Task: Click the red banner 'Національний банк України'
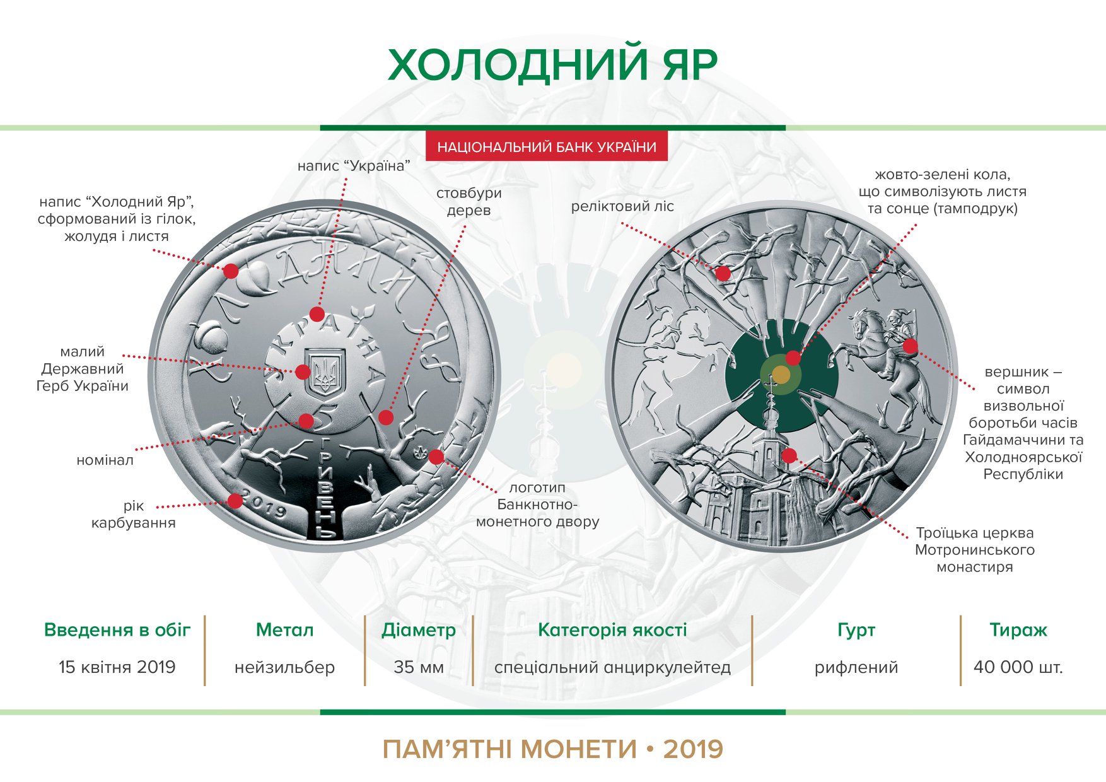[x=547, y=147]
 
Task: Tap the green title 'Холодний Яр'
[x=552, y=64]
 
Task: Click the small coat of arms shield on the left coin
[x=327, y=370]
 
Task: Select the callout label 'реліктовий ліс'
[x=622, y=206]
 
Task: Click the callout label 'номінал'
[x=105, y=460]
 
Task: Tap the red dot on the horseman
[x=910, y=346]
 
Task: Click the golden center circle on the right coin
[x=781, y=375]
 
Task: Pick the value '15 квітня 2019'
[x=117, y=667]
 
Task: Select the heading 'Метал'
[x=284, y=629]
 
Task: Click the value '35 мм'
[x=419, y=667]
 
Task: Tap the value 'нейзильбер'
[x=284, y=667]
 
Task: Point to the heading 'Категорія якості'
[x=612, y=629]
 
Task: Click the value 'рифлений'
[x=856, y=667]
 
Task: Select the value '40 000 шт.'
[x=1018, y=667]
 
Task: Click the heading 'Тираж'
[x=1018, y=629]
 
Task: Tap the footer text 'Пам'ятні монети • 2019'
[x=552, y=749]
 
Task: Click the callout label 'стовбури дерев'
[x=469, y=202]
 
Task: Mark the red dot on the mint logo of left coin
[x=436, y=457]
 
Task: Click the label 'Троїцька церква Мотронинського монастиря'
[x=975, y=550]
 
